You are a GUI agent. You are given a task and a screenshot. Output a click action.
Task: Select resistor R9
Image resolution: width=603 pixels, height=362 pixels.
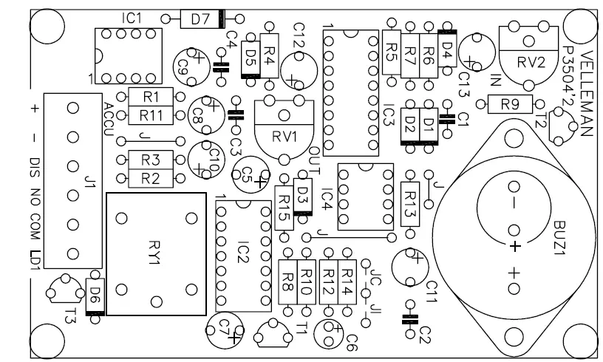pos(509,105)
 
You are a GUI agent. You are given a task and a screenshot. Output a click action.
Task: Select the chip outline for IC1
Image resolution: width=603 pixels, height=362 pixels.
pos(127,56)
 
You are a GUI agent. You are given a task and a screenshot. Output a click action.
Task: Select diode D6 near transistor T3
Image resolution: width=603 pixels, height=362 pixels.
pos(95,296)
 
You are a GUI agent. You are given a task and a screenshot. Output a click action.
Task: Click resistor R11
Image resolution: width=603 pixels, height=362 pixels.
pos(151,114)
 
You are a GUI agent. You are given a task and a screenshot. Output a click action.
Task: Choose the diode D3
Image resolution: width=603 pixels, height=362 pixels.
pos(301,196)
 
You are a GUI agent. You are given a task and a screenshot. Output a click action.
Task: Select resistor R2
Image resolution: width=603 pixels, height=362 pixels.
pos(151,177)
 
